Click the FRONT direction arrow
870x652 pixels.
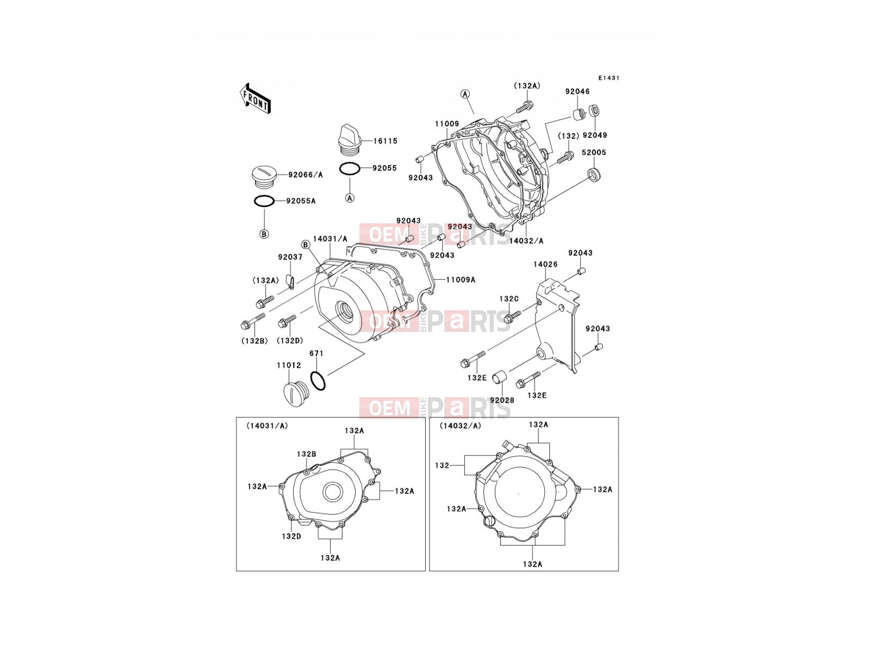[255, 99]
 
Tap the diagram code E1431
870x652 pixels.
[608, 78]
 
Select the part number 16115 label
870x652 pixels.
[386, 141]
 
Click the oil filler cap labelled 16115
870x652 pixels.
[349, 141]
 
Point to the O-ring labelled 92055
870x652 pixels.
[350, 168]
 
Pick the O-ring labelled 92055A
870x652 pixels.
[264, 201]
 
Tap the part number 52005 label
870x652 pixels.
[594, 153]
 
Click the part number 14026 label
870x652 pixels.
[545, 264]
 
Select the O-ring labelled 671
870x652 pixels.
[318, 380]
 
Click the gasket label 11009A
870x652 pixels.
[461, 280]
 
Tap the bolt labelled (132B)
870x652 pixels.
[252, 322]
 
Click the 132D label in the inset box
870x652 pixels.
[291, 536]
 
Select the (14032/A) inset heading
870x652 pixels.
[460, 426]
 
